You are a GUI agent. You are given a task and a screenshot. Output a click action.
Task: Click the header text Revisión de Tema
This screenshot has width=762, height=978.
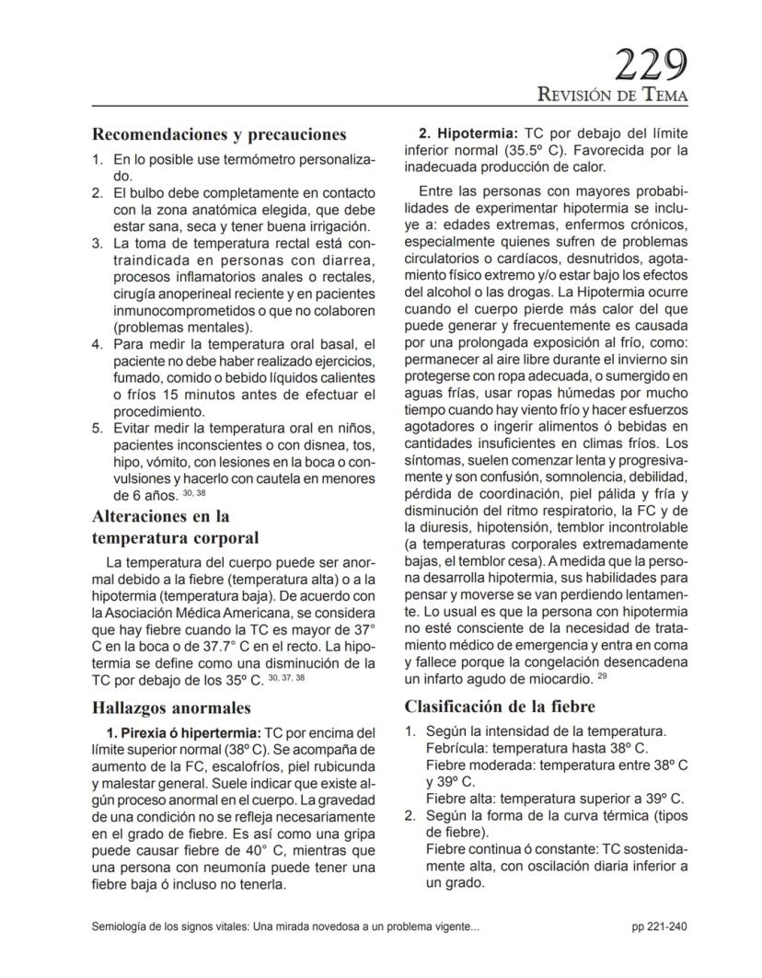click(x=613, y=95)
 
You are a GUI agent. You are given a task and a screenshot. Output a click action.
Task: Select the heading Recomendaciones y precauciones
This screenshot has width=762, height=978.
click(x=219, y=134)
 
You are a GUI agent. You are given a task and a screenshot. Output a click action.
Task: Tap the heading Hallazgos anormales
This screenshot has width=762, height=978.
click(x=171, y=708)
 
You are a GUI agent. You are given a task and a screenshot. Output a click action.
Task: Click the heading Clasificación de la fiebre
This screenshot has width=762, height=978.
click(x=500, y=707)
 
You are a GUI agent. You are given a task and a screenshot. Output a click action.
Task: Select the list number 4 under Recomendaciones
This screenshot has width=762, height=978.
click(x=97, y=344)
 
